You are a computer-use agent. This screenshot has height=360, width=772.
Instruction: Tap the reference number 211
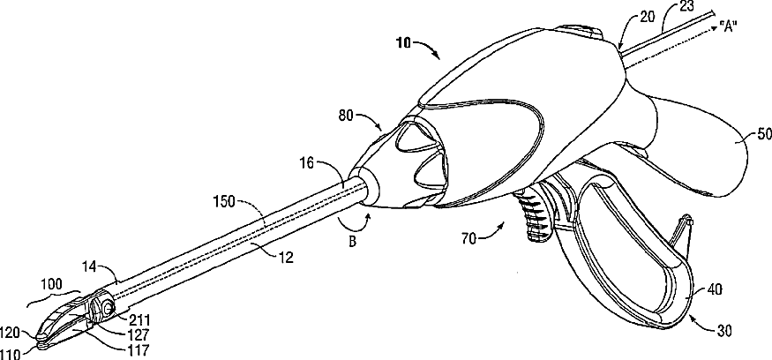(x=140, y=319)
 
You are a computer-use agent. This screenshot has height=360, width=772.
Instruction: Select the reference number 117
(x=139, y=349)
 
